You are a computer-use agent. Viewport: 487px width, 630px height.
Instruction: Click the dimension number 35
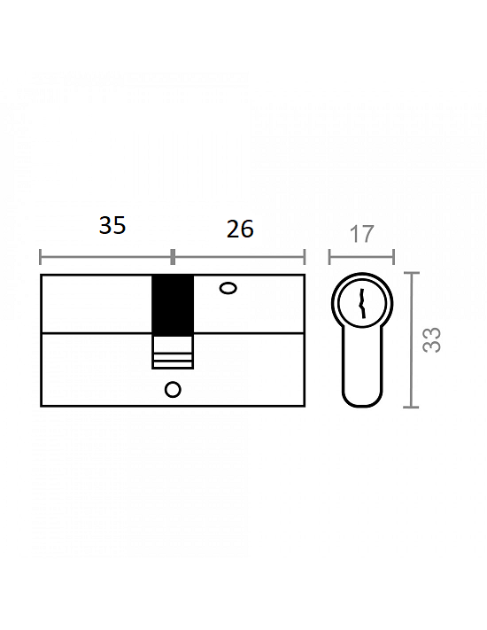click(112, 225)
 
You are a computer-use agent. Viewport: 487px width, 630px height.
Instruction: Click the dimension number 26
click(240, 229)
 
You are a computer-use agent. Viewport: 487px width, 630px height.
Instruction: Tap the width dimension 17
click(362, 234)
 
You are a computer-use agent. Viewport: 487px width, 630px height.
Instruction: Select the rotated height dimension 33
click(432, 340)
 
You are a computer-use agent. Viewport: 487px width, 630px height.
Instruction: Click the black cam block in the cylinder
click(173, 306)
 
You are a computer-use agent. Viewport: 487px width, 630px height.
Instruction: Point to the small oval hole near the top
click(228, 288)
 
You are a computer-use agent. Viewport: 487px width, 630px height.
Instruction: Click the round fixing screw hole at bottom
click(173, 389)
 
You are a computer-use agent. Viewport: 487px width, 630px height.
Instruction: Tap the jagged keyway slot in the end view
click(362, 303)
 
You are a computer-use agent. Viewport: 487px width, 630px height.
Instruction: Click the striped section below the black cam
click(173, 353)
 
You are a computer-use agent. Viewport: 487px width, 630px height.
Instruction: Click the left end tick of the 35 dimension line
click(40, 257)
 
